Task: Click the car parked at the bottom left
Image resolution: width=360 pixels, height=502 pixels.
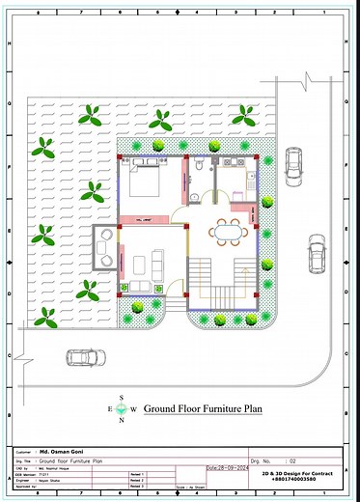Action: coord(84,357)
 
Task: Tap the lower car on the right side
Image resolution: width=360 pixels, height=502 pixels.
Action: coord(316,255)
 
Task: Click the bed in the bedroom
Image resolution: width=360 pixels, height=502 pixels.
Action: coord(146,180)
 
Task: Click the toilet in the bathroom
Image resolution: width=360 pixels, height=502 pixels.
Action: coord(195,170)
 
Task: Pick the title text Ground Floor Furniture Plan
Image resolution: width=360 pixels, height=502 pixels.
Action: coord(203,409)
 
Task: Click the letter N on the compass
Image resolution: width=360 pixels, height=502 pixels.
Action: coord(121,420)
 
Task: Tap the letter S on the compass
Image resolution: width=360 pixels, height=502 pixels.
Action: coord(121,398)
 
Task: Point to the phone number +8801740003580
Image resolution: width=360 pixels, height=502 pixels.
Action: coord(301,480)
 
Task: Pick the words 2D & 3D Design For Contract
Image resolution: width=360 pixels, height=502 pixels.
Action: coord(301,473)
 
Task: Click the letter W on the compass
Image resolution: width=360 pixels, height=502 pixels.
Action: coord(133,408)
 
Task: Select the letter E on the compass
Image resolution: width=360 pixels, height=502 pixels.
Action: coord(109,408)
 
